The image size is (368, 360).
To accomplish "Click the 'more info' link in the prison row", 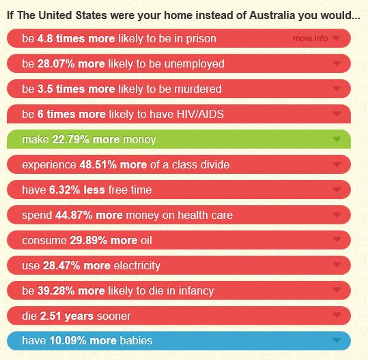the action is pyautogui.click(x=310, y=38).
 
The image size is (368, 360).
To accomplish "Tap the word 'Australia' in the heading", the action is pyautogui.click(x=272, y=16).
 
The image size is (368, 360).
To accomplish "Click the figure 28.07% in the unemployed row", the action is pyautogui.click(x=56, y=64).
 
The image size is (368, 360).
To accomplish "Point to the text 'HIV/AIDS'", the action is pyautogui.click(x=200, y=115).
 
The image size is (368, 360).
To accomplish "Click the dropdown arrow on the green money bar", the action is pyautogui.click(x=337, y=139).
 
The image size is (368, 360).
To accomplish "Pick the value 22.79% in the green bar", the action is pyautogui.click(x=70, y=140).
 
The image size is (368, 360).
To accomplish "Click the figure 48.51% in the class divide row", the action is pyautogui.click(x=98, y=165).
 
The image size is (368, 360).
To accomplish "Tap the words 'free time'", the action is pyautogui.click(x=130, y=190).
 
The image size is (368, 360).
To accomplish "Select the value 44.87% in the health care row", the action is pyautogui.click(x=74, y=215).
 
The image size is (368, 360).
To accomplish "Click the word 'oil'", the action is pyautogui.click(x=146, y=241).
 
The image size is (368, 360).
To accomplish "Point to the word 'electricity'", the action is pyautogui.click(x=137, y=265).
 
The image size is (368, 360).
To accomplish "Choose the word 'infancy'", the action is pyautogui.click(x=196, y=291).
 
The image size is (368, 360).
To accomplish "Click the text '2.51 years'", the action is pyautogui.click(x=67, y=316).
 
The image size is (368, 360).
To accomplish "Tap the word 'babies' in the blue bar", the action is pyautogui.click(x=136, y=341).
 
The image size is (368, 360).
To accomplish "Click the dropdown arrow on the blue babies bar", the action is pyautogui.click(x=337, y=340).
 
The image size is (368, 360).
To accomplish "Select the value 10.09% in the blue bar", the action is pyautogui.click(x=68, y=341).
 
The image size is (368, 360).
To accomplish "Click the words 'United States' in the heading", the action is pyautogui.click(x=73, y=16).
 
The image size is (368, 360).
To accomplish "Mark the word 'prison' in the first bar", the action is pyautogui.click(x=201, y=39).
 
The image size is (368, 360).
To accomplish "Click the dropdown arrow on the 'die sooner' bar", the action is pyautogui.click(x=337, y=315).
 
